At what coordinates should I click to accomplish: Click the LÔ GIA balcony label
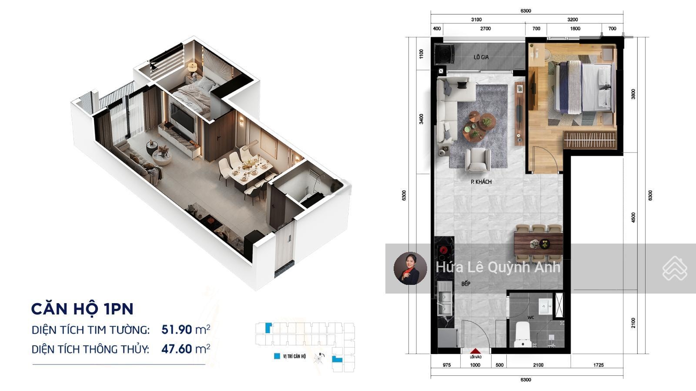pyautogui.click(x=481, y=57)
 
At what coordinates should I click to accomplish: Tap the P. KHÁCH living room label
pyautogui.click(x=481, y=182)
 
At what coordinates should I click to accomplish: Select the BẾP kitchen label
pyautogui.click(x=466, y=284)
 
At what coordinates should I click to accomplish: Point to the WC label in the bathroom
pyautogui.click(x=531, y=317)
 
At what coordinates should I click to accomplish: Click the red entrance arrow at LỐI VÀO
pyautogui.click(x=475, y=351)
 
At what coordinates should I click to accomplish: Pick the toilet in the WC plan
pyautogui.click(x=522, y=334)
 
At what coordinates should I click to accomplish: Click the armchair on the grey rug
pyautogui.click(x=478, y=160)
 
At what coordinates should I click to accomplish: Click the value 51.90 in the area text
pyautogui.click(x=177, y=330)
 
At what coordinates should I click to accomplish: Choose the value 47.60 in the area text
pyautogui.click(x=177, y=349)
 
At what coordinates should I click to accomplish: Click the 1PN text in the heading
pyautogui.click(x=119, y=309)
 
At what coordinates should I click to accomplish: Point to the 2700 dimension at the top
pyautogui.click(x=485, y=29)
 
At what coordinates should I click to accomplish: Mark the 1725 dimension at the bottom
pyautogui.click(x=598, y=365)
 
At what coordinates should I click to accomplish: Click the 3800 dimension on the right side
pyautogui.click(x=633, y=94)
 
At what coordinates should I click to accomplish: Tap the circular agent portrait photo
pyautogui.click(x=410, y=268)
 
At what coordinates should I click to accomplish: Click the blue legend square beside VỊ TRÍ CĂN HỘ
pyautogui.click(x=277, y=356)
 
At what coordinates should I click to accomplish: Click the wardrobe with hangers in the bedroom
pyautogui.click(x=589, y=140)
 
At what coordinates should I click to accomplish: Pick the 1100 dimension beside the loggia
pyautogui.click(x=422, y=54)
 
